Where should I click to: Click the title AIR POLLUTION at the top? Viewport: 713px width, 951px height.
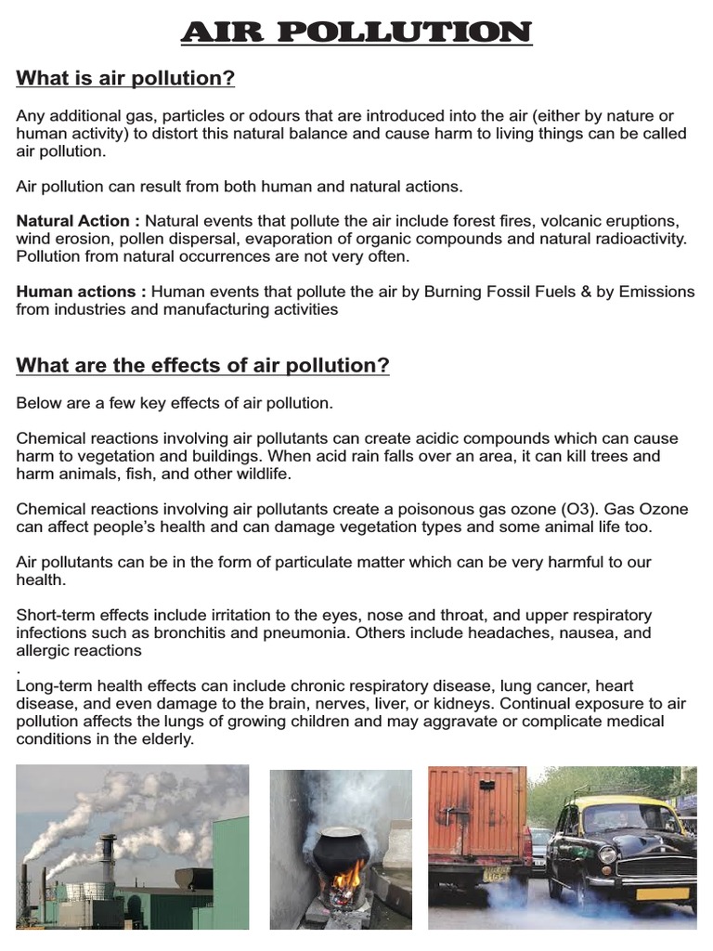point(356,33)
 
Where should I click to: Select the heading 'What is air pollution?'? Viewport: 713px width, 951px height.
point(125,79)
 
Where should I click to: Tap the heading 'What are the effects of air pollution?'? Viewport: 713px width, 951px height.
point(202,366)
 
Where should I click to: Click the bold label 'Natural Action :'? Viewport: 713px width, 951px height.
point(78,221)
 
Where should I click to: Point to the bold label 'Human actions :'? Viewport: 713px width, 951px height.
point(81,292)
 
